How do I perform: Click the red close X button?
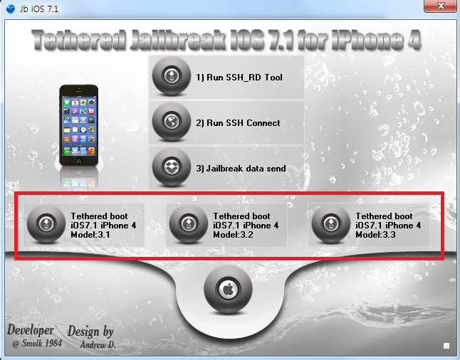click(x=441, y=6)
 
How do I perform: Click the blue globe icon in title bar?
click(x=11, y=9)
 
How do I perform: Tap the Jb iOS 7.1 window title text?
click(x=39, y=9)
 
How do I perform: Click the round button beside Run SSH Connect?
click(x=172, y=122)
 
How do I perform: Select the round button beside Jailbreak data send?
click(x=172, y=167)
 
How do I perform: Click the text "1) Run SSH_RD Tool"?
click(x=239, y=78)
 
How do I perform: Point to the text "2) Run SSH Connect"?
click(x=238, y=123)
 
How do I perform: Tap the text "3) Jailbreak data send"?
click(x=241, y=169)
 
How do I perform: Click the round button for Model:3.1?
click(x=46, y=224)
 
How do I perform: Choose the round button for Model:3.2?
click(x=189, y=224)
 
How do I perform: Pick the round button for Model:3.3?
click(x=331, y=224)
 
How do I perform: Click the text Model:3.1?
click(x=90, y=235)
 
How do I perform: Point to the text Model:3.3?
click(x=375, y=235)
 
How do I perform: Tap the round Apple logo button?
click(x=228, y=290)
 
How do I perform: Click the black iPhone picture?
click(x=78, y=125)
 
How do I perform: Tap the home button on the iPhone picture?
click(x=78, y=160)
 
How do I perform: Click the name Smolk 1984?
click(x=42, y=343)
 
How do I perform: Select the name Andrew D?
click(x=98, y=344)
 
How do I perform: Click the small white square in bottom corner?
click(x=446, y=346)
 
